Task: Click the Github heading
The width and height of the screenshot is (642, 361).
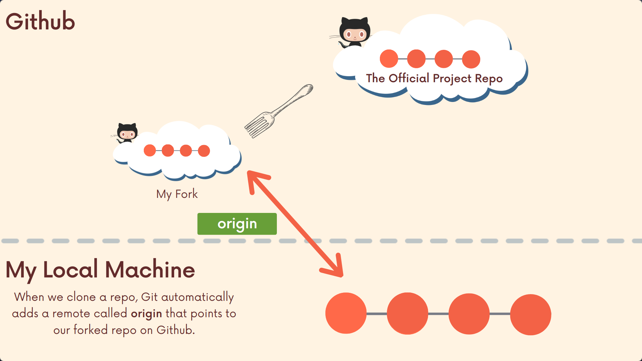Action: [40, 21]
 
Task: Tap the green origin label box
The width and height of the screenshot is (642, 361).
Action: [237, 224]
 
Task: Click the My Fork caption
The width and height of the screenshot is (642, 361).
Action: [177, 194]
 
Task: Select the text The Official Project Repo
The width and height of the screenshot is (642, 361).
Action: [434, 78]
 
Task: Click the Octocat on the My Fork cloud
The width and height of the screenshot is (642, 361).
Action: [127, 133]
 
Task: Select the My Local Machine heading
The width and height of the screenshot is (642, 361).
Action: [100, 270]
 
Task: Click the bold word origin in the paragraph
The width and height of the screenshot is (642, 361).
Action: [146, 314]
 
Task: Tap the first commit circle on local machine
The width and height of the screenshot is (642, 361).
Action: [346, 313]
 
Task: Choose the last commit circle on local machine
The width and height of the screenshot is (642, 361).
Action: [530, 314]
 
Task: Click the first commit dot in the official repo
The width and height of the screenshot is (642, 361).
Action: [389, 59]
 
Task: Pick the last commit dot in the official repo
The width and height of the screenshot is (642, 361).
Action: [471, 59]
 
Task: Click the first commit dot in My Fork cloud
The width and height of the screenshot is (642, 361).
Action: [150, 150]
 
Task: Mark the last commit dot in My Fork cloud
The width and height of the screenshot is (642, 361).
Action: [204, 151]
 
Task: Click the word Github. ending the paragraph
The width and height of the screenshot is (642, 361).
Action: [176, 330]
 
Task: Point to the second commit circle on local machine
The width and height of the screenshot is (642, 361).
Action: [407, 314]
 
